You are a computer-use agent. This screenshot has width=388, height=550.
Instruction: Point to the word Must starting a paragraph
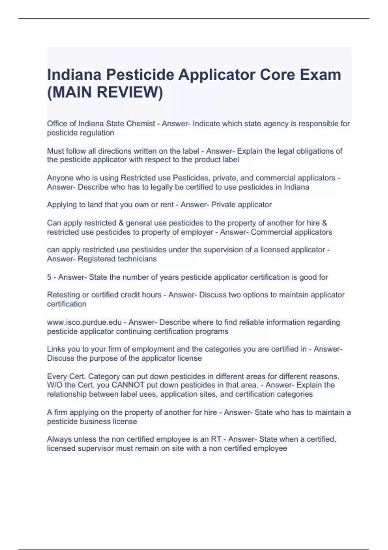tap(55, 151)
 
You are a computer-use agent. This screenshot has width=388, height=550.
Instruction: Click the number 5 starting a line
tap(49, 277)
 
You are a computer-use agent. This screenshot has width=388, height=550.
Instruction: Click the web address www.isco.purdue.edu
tap(84, 322)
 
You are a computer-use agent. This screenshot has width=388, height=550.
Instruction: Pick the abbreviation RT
tap(216, 439)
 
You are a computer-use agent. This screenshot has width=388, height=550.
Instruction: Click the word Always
tap(59, 439)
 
